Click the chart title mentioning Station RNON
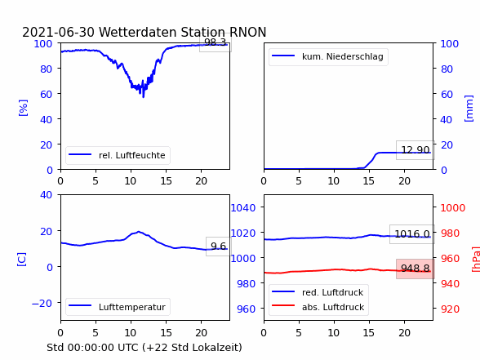(144, 32)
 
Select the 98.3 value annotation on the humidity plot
(216, 42)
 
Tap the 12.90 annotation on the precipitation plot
(415, 150)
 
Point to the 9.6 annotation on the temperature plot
(218, 247)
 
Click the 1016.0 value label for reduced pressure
(412, 234)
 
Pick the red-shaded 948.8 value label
(415, 269)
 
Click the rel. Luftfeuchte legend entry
(118, 155)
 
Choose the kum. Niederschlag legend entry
(328, 56)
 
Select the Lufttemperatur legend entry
(118, 307)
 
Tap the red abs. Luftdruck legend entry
(318, 307)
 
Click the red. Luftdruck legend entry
(318, 292)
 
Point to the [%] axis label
(23, 108)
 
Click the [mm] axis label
(469, 109)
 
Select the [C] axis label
(22, 260)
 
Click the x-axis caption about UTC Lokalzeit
(144, 348)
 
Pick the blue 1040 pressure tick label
(243, 208)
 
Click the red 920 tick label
(450, 309)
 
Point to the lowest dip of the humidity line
(144, 97)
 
